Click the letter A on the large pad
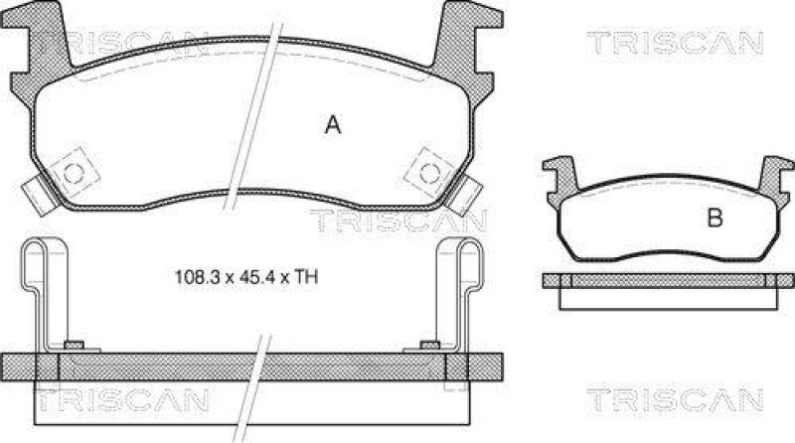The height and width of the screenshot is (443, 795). click(334, 125)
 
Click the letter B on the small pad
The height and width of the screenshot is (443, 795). click(714, 219)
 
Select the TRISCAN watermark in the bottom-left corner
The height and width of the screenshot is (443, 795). click(121, 399)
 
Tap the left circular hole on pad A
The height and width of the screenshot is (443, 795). click(73, 171)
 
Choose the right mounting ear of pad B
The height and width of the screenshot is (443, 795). click(770, 176)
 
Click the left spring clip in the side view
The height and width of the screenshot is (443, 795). click(40, 288)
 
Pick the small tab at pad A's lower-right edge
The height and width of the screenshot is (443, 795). click(465, 194)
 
